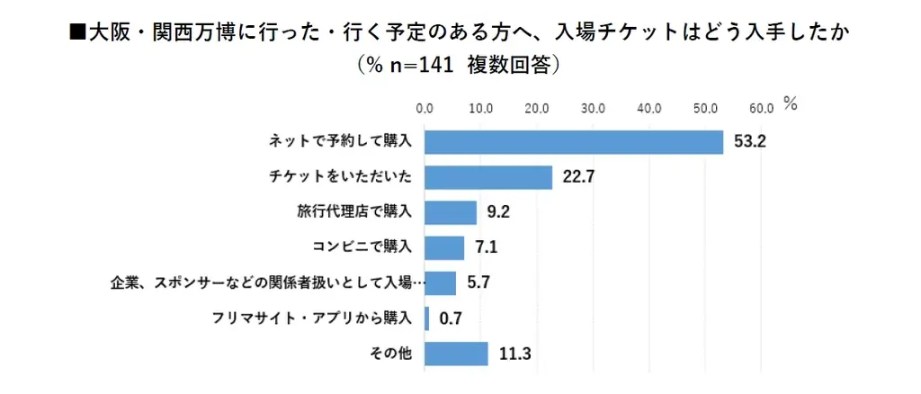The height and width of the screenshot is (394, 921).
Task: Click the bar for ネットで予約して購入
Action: pyautogui.click(x=574, y=142)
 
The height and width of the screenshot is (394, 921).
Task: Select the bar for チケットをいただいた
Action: pyautogui.click(x=488, y=177)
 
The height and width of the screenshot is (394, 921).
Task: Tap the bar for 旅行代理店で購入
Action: pyautogui.click(x=451, y=212)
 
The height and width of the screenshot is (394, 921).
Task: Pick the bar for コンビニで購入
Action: pyautogui.click(x=444, y=247)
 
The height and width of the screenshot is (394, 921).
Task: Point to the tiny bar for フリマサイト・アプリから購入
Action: pyautogui.click(x=426, y=318)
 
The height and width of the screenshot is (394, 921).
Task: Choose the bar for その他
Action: pyautogui.click(x=456, y=353)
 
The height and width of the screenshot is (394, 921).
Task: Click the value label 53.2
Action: pyautogui.click(x=748, y=142)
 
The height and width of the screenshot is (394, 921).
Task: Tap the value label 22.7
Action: pyautogui.click(x=577, y=177)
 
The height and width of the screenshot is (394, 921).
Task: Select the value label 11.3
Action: pyautogui.click(x=514, y=354)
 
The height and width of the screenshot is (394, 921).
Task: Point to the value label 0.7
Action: pyautogui.click(x=450, y=318)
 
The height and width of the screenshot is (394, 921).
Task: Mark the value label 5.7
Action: pyautogui.click(x=478, y=283)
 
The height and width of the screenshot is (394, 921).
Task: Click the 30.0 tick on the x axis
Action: pyautogui.click(x=593, y=108)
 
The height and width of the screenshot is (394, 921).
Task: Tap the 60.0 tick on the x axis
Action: pyautogui.click(x=761, y=108)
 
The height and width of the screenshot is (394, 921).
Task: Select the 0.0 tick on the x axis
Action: pyautogui.click(x=425, y=108)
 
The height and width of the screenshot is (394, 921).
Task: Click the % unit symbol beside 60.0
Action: pyautogui.click(x=790, y=103)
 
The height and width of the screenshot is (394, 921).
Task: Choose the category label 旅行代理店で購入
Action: pyautogui.click(x=354, y=212)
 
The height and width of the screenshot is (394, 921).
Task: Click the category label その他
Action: pyautogui.click(x=391, y=353)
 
